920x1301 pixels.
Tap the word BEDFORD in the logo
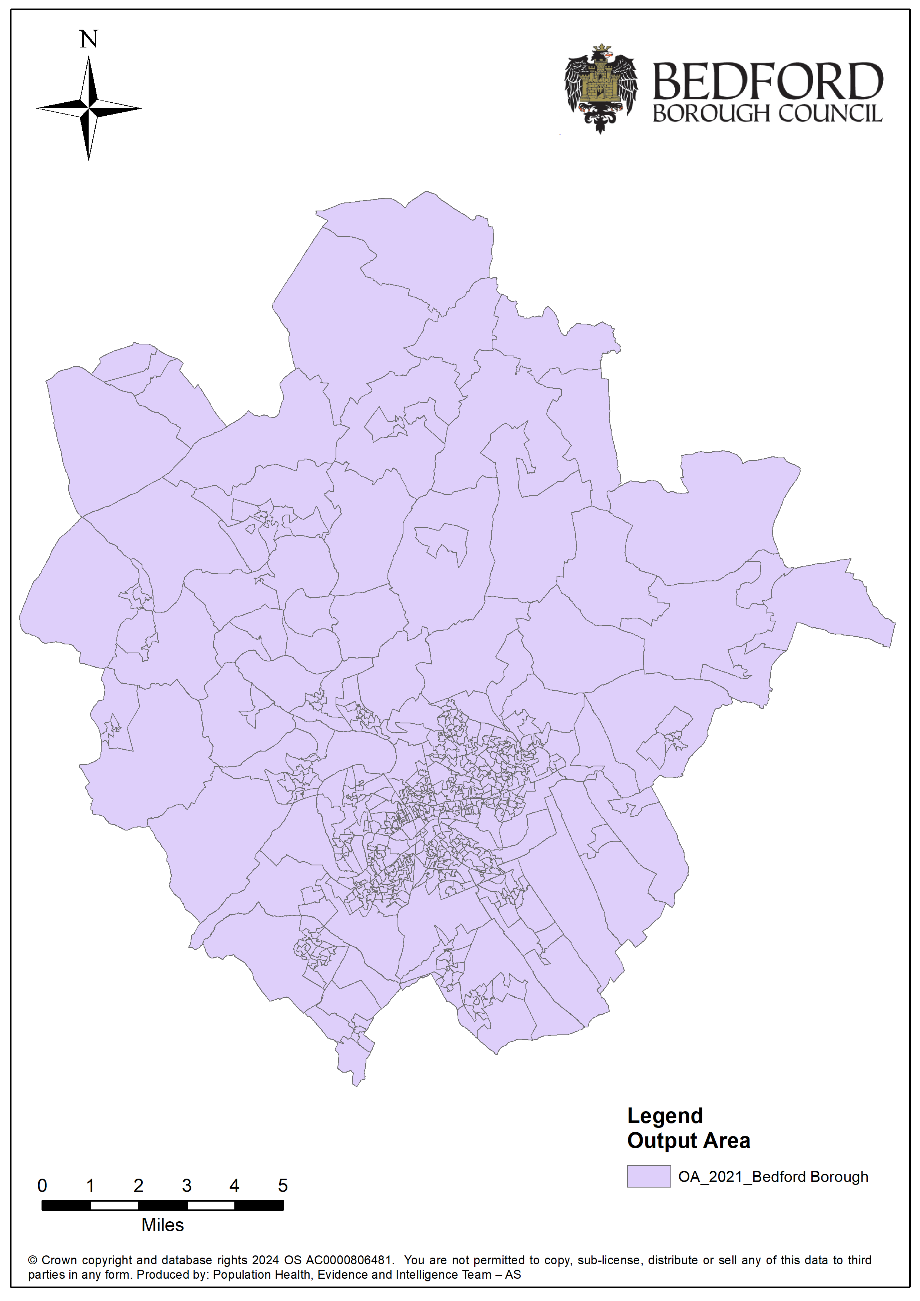[x=768, y=82]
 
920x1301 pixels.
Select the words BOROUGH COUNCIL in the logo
[x=768, y=114]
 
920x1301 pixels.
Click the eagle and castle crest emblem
[x=601, y=88]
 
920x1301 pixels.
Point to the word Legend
[x=665, y=1116]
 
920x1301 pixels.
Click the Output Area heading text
[x=689, y=1140]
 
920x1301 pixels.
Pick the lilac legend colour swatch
[x=649, y=1177]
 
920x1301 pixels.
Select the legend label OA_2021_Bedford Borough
[x=773, y=1177]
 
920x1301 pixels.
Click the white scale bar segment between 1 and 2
[x=115, y=1205]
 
